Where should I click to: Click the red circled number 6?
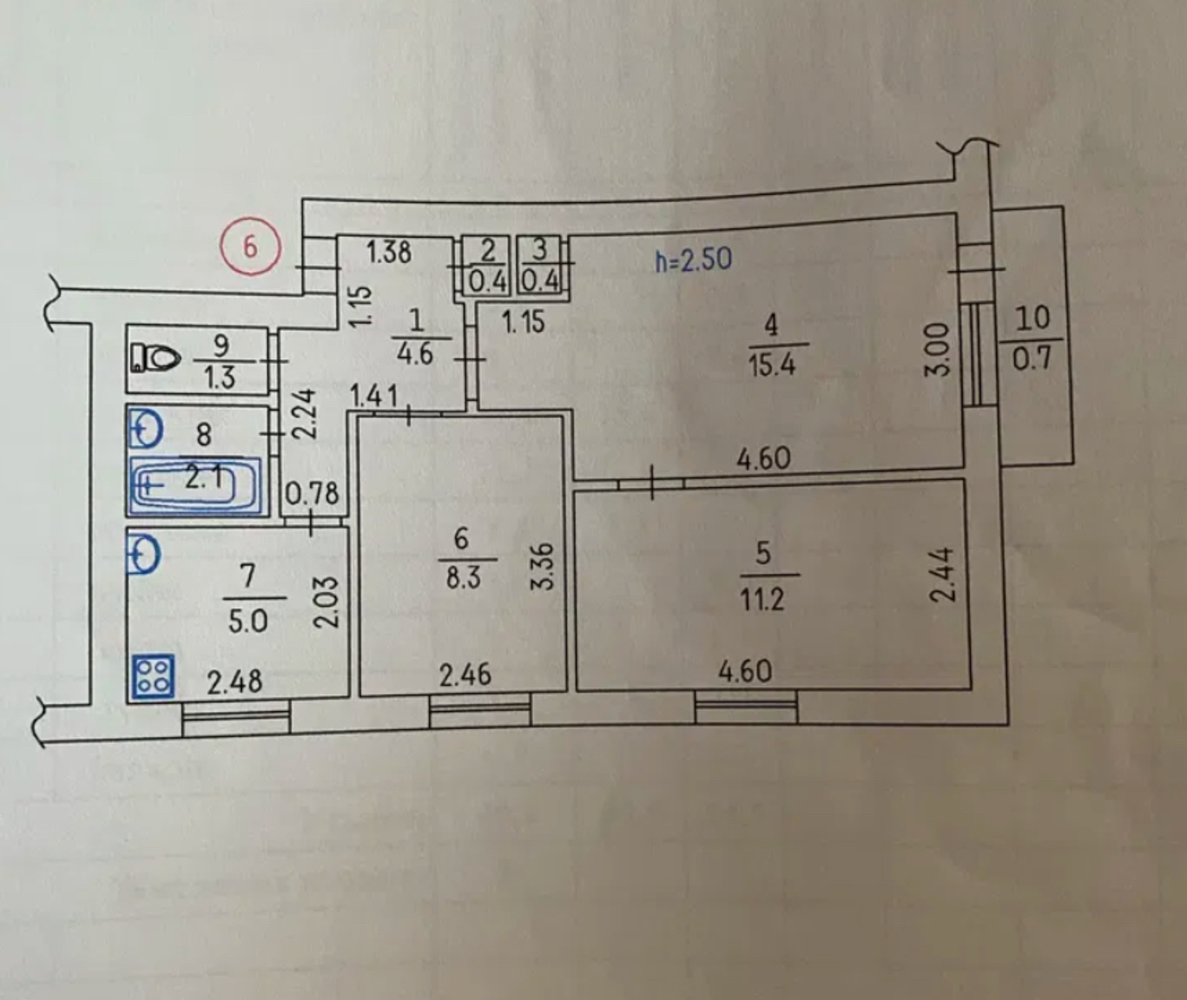tap(251, 246)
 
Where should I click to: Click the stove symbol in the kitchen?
tap(153, 677)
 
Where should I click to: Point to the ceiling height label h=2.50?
tap(694, 260)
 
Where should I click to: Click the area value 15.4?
tap(772, 365)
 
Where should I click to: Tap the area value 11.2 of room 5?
tap(762, 598)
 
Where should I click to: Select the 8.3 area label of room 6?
tap(463, 577)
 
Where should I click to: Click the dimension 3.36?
tap(544, 567)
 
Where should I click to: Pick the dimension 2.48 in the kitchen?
tap(234, 682)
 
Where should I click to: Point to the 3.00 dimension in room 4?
tap(938, 349)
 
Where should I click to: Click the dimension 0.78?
tap(312, 494)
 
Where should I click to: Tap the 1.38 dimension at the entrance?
tap(389, 252)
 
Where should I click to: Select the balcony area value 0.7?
tap(1032, 358)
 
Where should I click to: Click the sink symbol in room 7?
tap(144, 554)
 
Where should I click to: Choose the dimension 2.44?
tap(940, 575)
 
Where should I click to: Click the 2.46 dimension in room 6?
tap(464, 674)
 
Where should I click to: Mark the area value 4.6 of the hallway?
tap(415, 353)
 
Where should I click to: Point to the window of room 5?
tap(746, 707)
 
